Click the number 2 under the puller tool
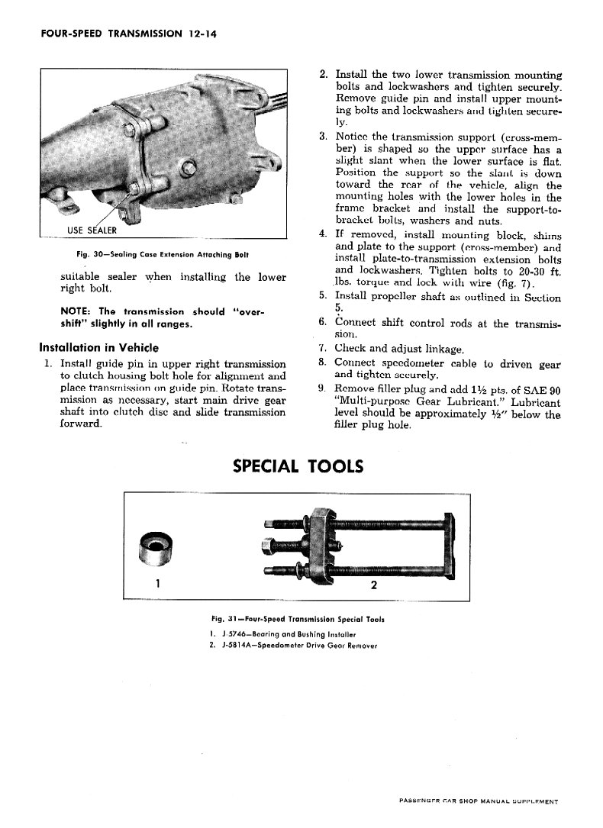click(x=374, y=586)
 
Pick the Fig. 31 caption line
click(x=298, y=620)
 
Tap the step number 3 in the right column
click(x=323, y=136)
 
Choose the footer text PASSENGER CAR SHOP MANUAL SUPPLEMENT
click(x=479, y=802)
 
